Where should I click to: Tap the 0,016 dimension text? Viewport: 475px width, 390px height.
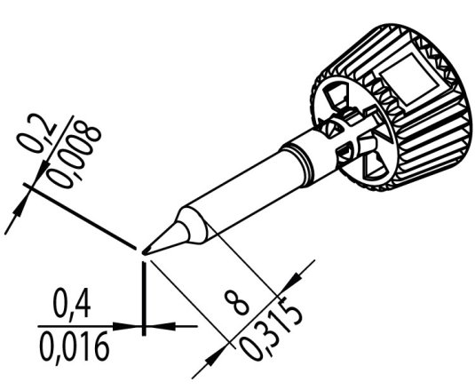[x=75, y=344]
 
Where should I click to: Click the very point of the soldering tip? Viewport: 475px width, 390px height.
[x=144, y=252]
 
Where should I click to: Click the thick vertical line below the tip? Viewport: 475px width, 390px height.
[x=143, y=284]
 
